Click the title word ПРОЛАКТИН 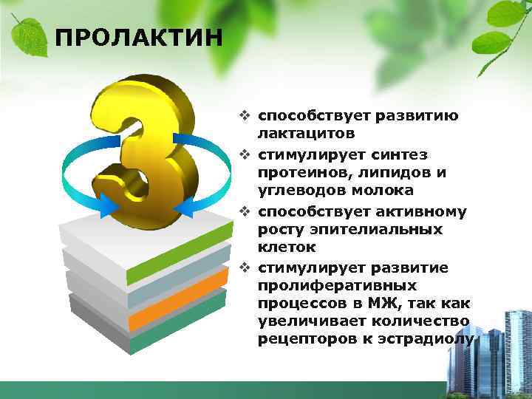138,36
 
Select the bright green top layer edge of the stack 177,255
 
